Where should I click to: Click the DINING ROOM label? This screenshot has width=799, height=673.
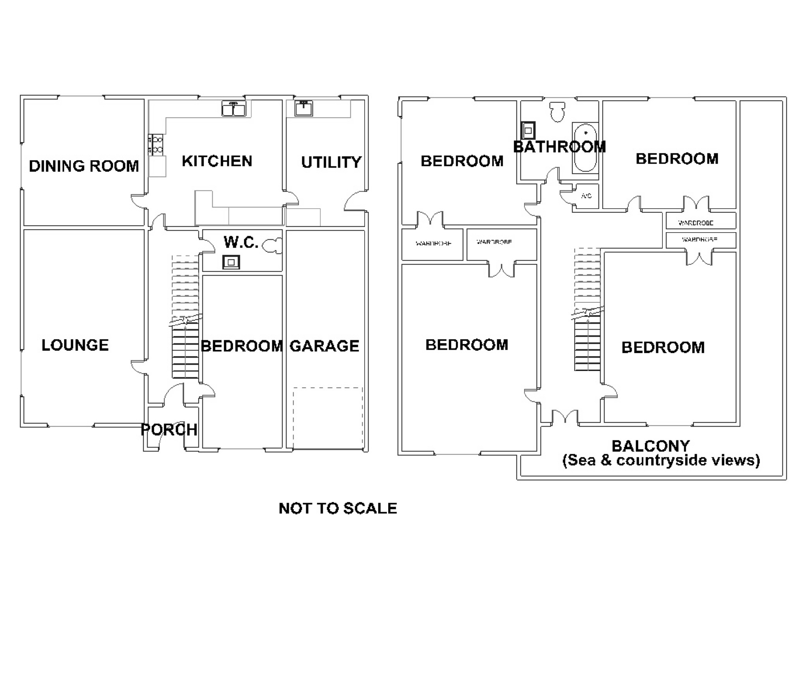[x=84, y=166]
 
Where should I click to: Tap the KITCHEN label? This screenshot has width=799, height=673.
[x=217, y=161]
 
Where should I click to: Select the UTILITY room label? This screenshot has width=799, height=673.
[x=331, y=162]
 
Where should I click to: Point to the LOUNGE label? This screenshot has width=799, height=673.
[x=75, y=345]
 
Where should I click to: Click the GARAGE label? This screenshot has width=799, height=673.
[x=324, y=346]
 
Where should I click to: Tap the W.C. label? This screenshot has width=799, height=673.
[x=241, y=242]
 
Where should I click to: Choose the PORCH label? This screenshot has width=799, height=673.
[x=169, y=429]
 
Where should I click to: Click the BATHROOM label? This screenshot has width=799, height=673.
[x=559, y=147]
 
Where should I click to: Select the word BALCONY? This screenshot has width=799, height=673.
[x=650, y=446]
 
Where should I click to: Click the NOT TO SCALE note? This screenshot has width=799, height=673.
[x=338, y=508]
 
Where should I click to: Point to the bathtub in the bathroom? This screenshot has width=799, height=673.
[x=586, y=148]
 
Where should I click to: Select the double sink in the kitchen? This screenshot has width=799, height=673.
[x=234, y=108]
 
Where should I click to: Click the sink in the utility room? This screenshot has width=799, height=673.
[x=304, y=108]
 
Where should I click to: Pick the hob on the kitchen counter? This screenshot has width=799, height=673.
[x=156, y=145]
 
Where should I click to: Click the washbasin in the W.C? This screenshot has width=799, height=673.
[x=231, y=262]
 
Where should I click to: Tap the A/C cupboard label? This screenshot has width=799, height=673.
[x=586, y=196]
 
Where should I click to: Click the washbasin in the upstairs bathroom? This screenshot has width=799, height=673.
[x=528, y=130]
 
